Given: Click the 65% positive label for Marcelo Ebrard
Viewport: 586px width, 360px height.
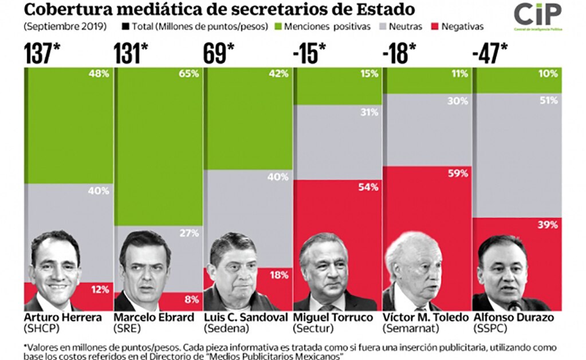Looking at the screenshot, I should point(188,74).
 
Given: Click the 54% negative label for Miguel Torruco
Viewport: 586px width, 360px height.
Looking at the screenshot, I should point(368,187).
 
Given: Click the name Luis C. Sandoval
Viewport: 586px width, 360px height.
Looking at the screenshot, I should point(241,318).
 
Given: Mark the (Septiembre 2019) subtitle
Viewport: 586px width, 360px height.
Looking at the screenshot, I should point(57,26).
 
